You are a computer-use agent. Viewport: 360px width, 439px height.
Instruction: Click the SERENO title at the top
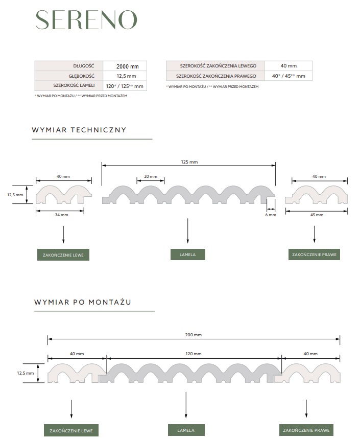click(x=86, y=20)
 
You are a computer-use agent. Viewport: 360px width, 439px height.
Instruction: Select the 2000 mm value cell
click(x=125, y=66)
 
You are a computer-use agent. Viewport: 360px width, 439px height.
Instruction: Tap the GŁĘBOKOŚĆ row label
click(x=81, y=76)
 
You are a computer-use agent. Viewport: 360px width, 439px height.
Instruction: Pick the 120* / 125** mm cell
click(x=125, y=86)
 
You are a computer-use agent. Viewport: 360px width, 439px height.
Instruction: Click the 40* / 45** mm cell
click(x=289, y=76)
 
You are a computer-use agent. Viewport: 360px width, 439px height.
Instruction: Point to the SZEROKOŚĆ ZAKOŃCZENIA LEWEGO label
click(x=218, y=66)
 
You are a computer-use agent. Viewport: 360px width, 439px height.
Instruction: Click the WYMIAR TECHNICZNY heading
click(x=79, y=130)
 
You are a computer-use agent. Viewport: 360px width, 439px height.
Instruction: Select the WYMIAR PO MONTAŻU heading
click(x=83, y=302)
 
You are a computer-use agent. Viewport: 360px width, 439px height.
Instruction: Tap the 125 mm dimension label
click(x=189, y=162)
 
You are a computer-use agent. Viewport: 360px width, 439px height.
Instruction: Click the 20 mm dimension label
click(x=151, y=176)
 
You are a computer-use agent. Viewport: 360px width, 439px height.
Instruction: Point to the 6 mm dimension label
click(x=271, y=215)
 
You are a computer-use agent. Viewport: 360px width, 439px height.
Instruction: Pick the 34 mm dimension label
click(x=62, y=215)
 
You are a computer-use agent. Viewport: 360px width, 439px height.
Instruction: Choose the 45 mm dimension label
click(x=317, y=215)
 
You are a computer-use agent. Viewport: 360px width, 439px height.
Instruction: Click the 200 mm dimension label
click(x=194, y=335)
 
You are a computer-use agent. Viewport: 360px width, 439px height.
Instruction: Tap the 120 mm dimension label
click(x=194, y=354)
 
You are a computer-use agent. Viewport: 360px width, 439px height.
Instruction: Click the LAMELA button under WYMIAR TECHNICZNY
click(x=188, y=255)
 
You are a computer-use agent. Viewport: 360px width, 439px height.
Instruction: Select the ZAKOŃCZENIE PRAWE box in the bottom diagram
click(x=306, y=430)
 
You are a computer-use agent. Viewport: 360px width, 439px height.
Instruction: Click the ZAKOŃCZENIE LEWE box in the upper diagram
click(x=63, y=255)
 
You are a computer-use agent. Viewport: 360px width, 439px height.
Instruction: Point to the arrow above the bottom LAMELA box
click(x=186, y=405)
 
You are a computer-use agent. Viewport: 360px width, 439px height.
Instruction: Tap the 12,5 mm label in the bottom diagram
click(x=25, y=373)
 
